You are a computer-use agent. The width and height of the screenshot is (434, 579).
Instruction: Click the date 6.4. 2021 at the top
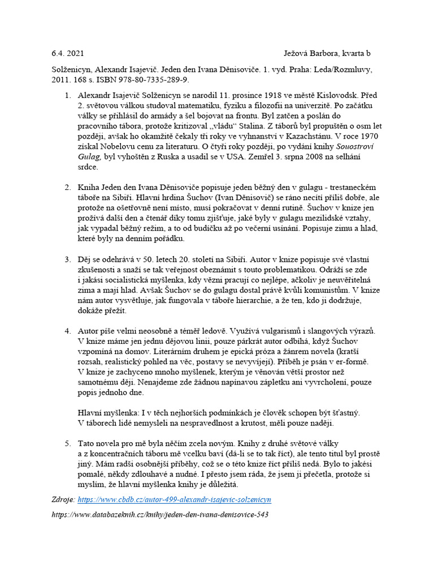point(67,54)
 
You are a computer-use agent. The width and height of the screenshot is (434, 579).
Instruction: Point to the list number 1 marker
point(68,96)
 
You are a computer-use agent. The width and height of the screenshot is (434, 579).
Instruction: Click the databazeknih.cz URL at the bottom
point(159,515)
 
